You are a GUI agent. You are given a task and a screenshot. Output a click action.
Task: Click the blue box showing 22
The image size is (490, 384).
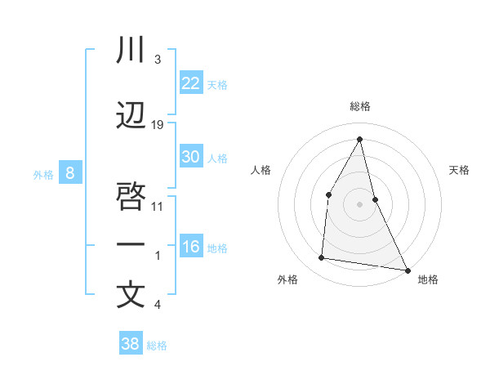point(190,83)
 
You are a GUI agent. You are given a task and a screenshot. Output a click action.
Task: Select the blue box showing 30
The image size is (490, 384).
point(190,157)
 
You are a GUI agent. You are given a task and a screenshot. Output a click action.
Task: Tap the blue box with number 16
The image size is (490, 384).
point(190,247)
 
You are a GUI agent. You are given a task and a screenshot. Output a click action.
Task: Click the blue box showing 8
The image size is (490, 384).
point(70,172)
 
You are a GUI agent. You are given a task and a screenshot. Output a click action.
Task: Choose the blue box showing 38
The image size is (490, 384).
point(130,344)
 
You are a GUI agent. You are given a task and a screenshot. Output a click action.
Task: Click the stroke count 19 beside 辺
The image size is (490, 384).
point(158,124)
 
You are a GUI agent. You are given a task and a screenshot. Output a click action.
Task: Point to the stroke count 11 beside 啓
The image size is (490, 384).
point(158,206)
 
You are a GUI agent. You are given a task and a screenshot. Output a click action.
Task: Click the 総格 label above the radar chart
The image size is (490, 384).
point(360,106)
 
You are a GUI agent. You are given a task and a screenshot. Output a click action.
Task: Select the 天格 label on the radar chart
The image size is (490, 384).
point(460,170)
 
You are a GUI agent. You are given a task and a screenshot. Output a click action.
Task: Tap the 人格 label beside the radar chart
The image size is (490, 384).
point(261,170)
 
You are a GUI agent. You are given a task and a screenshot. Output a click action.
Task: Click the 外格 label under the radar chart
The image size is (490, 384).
point(287,279)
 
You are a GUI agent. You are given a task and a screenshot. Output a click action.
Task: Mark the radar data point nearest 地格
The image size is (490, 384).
point(408,270)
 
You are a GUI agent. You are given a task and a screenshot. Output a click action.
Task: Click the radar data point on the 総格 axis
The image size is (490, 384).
point(359,140)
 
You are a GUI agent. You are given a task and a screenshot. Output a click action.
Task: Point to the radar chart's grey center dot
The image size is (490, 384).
point(359,204)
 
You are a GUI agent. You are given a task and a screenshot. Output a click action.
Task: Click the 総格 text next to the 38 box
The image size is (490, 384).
point(157,346)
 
